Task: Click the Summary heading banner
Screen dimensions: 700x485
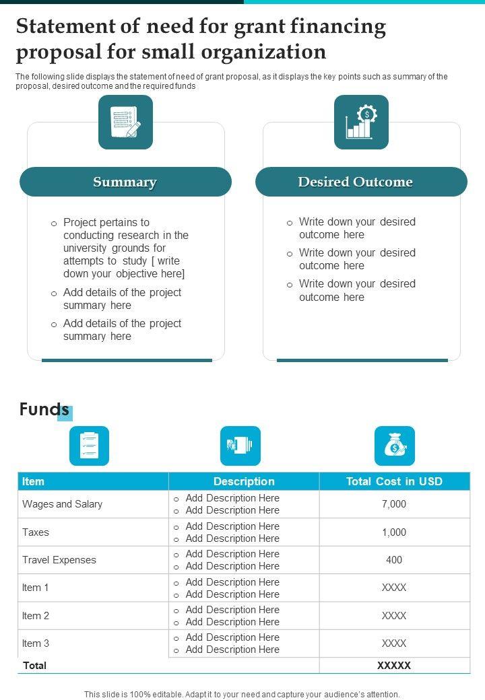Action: (125, 182)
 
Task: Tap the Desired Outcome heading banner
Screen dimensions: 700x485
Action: (355, 182)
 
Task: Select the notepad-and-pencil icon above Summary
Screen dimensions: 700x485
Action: (125, 122)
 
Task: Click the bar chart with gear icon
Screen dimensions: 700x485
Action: (361, 122)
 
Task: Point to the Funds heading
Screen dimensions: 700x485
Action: (44, 410)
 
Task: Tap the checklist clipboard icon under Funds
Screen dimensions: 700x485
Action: (89, 446)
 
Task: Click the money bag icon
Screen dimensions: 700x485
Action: (394, 446)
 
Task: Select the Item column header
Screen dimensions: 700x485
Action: (34, 481)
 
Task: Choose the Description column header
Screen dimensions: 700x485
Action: (244, 481)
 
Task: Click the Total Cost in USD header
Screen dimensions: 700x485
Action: (394, 481)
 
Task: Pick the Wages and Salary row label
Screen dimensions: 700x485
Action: (63, 504)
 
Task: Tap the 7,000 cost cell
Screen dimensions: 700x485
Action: (394, 504)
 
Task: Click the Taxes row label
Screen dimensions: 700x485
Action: (36, 532)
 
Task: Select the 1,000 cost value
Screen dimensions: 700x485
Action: (394, 532)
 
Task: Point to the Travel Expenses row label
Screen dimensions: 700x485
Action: (59, 560)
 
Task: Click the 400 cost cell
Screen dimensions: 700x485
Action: (394, 560)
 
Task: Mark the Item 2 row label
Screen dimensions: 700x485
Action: (36, 615)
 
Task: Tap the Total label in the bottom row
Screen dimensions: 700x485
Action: (35, 665)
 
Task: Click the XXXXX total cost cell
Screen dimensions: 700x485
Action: (394, 665)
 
